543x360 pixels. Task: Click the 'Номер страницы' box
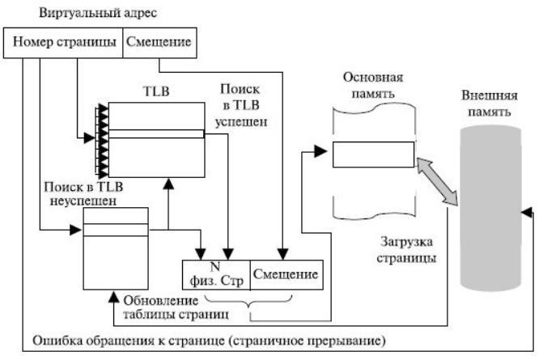63,43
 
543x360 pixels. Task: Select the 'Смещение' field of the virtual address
159,43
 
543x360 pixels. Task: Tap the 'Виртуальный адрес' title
98,13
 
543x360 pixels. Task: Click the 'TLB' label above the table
156,91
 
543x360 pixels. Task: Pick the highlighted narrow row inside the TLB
156,134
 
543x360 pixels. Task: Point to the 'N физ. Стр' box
216,275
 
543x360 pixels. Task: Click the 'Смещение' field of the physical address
286,275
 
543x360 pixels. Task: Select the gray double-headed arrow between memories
437,181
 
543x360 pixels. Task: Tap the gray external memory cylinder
490,209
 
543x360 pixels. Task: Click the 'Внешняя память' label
490,104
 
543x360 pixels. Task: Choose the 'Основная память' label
373,85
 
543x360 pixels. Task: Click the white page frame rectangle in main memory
373,155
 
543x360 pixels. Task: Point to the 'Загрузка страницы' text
406,250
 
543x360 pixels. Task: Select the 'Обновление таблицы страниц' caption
176,307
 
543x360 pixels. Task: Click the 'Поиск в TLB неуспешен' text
83,193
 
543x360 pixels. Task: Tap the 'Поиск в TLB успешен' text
241,105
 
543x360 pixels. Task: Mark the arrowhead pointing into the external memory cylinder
526,212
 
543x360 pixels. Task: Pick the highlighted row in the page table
116,230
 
